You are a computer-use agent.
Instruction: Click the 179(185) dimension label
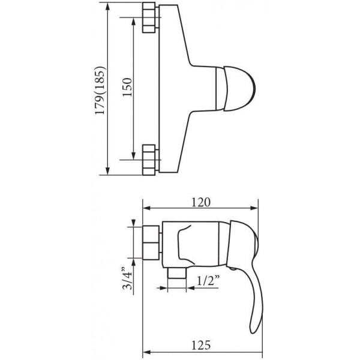pos(101,90)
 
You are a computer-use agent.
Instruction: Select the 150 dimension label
pos(127,87)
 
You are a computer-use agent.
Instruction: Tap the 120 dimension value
pos(201,202)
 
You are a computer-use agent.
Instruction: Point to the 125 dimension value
pos(201,345)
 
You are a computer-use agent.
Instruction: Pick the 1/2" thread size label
pos(208,280)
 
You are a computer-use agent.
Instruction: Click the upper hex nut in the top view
pos(149,17)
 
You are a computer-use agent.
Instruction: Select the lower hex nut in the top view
pos(149,160)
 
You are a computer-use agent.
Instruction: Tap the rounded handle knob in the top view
pos(239,89)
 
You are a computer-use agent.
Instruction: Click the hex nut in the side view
pos(151,242)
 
